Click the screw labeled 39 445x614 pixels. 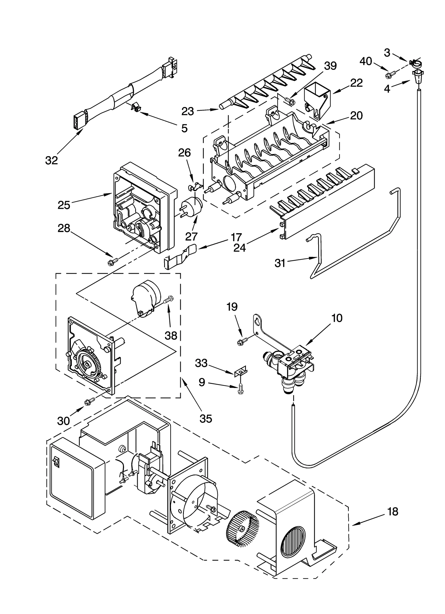(289, 99)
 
